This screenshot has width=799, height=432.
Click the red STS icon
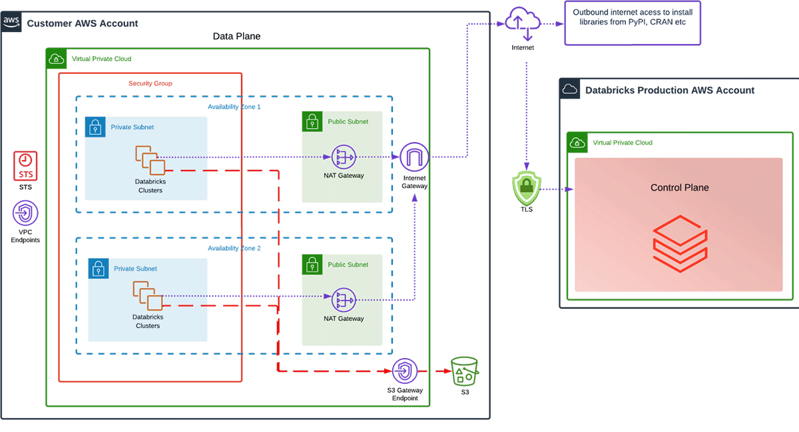pyautogui.click(x=25, y=165)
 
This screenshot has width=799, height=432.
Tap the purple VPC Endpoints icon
pyautogui.click(x=25, y=214)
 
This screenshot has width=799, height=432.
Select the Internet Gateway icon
pyautogui.click(x=415, y=157)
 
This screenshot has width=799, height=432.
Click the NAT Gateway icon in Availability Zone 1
pyautogui.click(x=344, y=157)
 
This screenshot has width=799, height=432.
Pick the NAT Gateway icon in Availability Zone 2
pyautogui.click(x=344, y=300)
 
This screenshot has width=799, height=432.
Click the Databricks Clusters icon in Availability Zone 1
pyautogui.click(x=150, y=160)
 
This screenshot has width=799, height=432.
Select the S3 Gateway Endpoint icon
pyautogui.click(x=404, y=371)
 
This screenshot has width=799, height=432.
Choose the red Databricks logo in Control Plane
pyautogui.click(x=679, y=241)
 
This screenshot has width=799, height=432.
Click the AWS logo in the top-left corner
pyautogui.click(x=12, y=23)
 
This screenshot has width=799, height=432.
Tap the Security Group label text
pyautogui.click(x=150, y=83)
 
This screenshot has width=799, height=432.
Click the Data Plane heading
pyautogui.click(x=236, y=37)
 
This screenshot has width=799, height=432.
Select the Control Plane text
pyautogui.click(x=679, y=187)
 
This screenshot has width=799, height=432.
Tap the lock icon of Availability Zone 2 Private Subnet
pyautogui.click(x=99, y=269)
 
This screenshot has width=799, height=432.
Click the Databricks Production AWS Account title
pyautogui.click(x=669, y=90)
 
